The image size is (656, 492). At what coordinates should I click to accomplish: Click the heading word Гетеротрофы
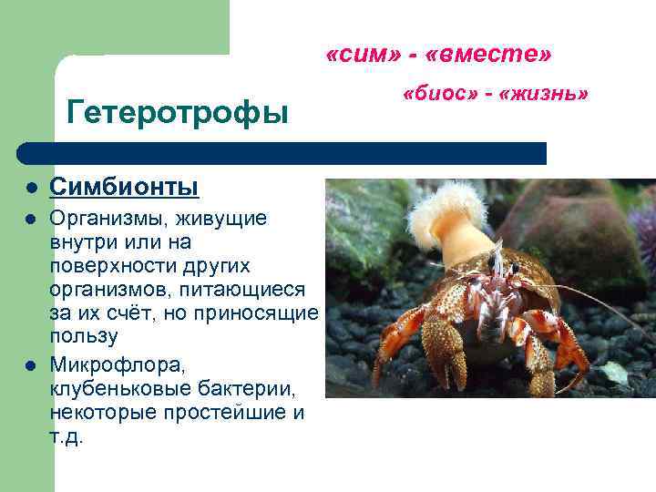pos(178,112)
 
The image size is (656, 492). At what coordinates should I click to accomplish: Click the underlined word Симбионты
pos(123,187)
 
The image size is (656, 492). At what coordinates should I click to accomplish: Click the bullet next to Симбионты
pos(30,189)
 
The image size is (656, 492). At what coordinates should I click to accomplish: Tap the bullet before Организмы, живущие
pos(30,220)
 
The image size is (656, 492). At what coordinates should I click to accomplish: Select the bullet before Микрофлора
pos(30,367)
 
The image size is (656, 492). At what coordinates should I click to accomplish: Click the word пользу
pos(84,337)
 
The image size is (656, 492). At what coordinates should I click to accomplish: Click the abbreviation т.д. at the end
pos(67,436)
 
